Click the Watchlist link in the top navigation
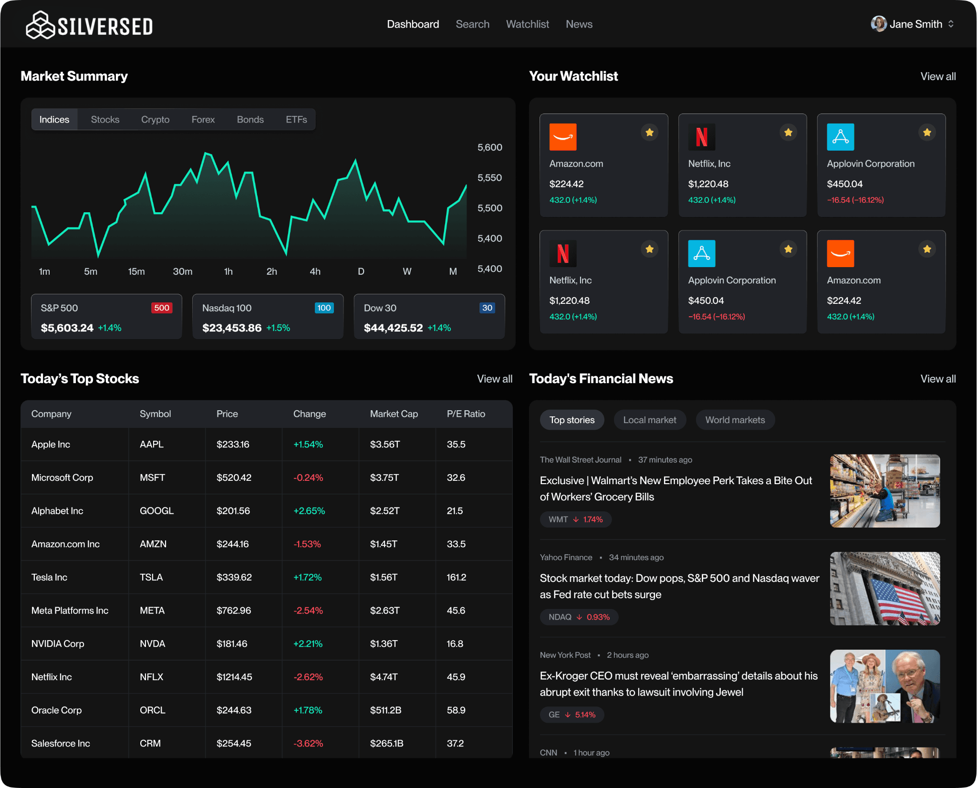tap(527, 24)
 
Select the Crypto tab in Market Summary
tap(155, 120)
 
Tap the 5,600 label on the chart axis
tap(489, 147)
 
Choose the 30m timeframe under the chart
tap(182, 271)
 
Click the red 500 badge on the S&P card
tap(162, 308)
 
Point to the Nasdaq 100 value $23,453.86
tap(232, 328)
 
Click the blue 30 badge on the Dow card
tap(487, 308)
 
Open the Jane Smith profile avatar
tap(878, 24)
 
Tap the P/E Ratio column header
tap(466, 414)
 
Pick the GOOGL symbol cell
tap(156, 511)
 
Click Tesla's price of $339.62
tap(234, 577)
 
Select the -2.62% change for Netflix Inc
tap(308, 677)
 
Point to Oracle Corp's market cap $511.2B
tap(385, 710)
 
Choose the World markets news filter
tap(735, 420)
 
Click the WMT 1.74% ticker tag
tap(575, 519)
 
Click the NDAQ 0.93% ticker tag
tap(579, 617)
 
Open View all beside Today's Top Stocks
tap(494, 379)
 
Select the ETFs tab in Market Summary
tap(296, 120)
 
